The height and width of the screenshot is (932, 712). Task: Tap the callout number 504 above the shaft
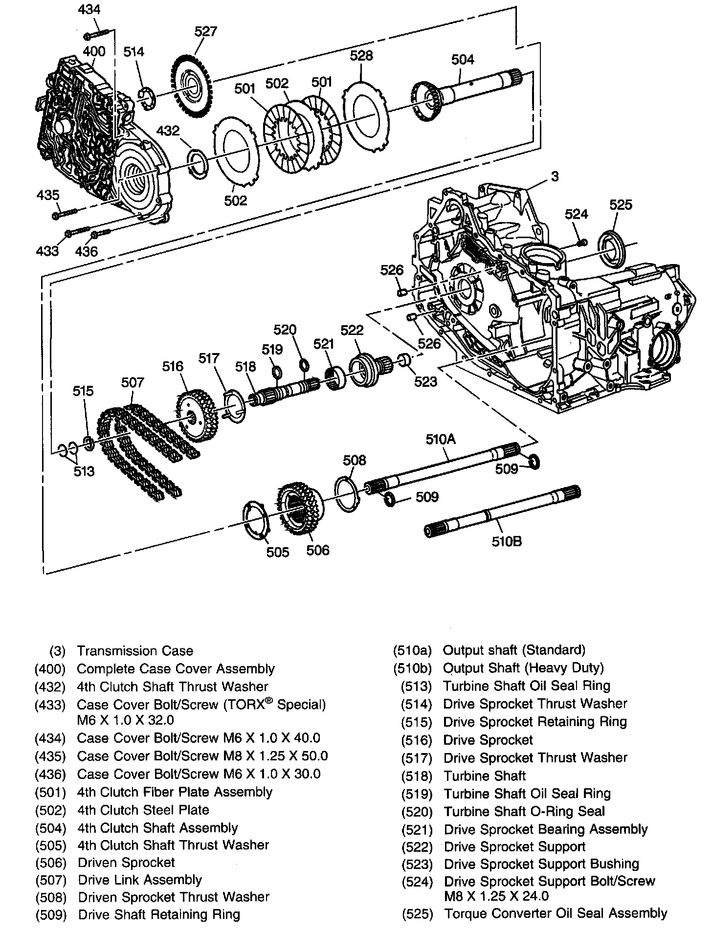[462, 59]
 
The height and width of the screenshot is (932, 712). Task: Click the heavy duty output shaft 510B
[504, 518]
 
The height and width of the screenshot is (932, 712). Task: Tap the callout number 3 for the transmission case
[554, 176]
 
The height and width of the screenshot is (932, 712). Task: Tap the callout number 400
[93, 51]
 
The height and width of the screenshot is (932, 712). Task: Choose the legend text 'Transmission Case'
[135, 651]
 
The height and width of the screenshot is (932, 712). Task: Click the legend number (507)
[50, 880]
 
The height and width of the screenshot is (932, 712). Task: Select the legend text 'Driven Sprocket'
[126, 863]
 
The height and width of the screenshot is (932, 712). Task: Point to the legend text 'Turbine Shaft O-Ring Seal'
[524, 811]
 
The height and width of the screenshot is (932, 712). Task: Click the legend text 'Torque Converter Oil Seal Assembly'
[555, 913]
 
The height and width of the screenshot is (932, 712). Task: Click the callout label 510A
[440, 439]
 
